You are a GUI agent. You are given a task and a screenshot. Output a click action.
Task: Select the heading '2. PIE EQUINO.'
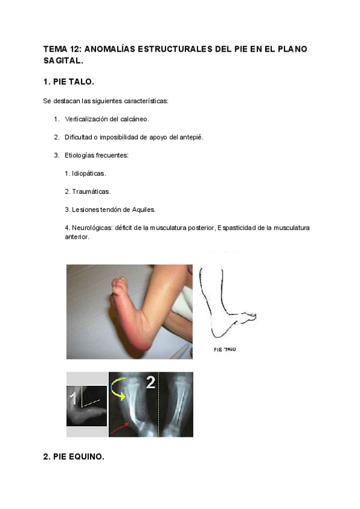click(x=74, y=457)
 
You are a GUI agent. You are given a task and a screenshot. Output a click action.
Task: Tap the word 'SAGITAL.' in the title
click(x=63, y=61)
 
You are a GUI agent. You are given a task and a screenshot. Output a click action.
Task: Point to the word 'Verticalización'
click(x=88, y=119)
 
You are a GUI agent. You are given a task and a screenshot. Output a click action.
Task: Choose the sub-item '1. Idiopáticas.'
click(x=85, y=173)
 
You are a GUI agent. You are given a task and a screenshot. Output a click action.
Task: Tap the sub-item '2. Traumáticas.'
click(x=88, y=191)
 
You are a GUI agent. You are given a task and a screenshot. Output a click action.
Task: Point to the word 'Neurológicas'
click(x=91, y=227)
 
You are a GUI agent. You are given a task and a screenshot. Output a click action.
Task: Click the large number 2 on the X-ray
click(x=150, y=382)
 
